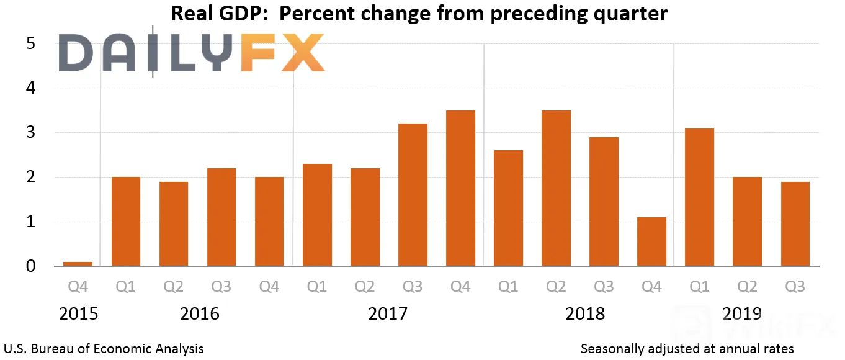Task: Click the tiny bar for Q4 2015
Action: (78, 264)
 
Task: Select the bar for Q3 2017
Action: (413, 195)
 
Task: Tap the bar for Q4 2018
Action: (651, 241)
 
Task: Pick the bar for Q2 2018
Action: (556, 188)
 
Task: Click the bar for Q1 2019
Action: (699, 197)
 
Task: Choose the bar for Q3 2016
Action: (221, 217)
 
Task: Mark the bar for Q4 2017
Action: (460, 188)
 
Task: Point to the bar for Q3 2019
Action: (795, 224)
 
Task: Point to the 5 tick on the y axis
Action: (30, 43)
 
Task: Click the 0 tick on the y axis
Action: (30, 266)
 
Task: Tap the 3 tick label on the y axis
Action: (30, 132)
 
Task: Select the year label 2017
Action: (388, 314)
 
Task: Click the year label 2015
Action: (78, 314)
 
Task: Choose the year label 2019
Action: (742, 314)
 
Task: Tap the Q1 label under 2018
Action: (507, 287)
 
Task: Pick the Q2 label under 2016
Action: (173, 287)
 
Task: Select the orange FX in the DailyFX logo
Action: (282, 52)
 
